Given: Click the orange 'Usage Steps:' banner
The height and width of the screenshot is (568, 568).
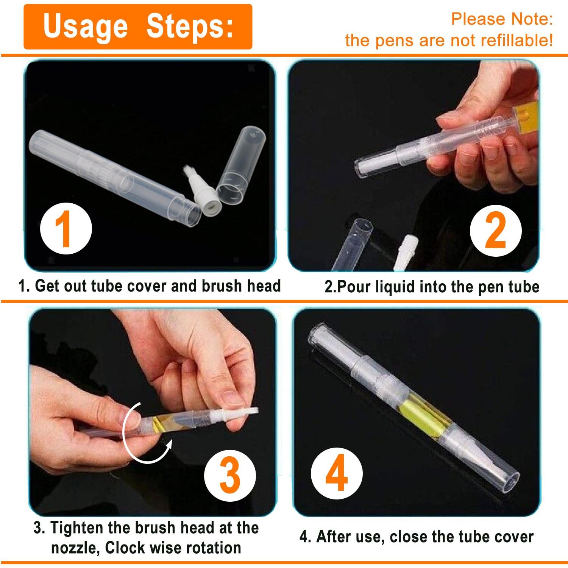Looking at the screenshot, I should [x=138, y=27].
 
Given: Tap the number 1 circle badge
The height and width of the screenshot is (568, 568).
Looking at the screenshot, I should [x=66, y=229].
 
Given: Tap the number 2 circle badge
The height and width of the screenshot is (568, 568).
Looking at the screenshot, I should [x=495, y=231].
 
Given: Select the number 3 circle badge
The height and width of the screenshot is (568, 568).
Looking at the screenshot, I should [x=230, y=475].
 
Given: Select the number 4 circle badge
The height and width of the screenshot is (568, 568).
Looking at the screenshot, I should [x=337, y=473].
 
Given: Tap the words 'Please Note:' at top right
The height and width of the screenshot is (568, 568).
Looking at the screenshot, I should [x=502, y=19].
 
